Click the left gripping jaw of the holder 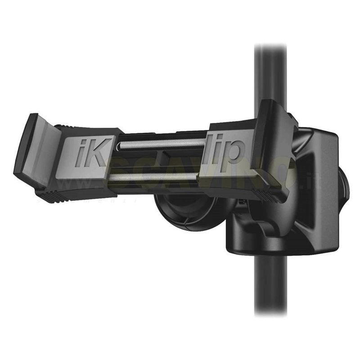[34, 148]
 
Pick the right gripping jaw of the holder [270, 144]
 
